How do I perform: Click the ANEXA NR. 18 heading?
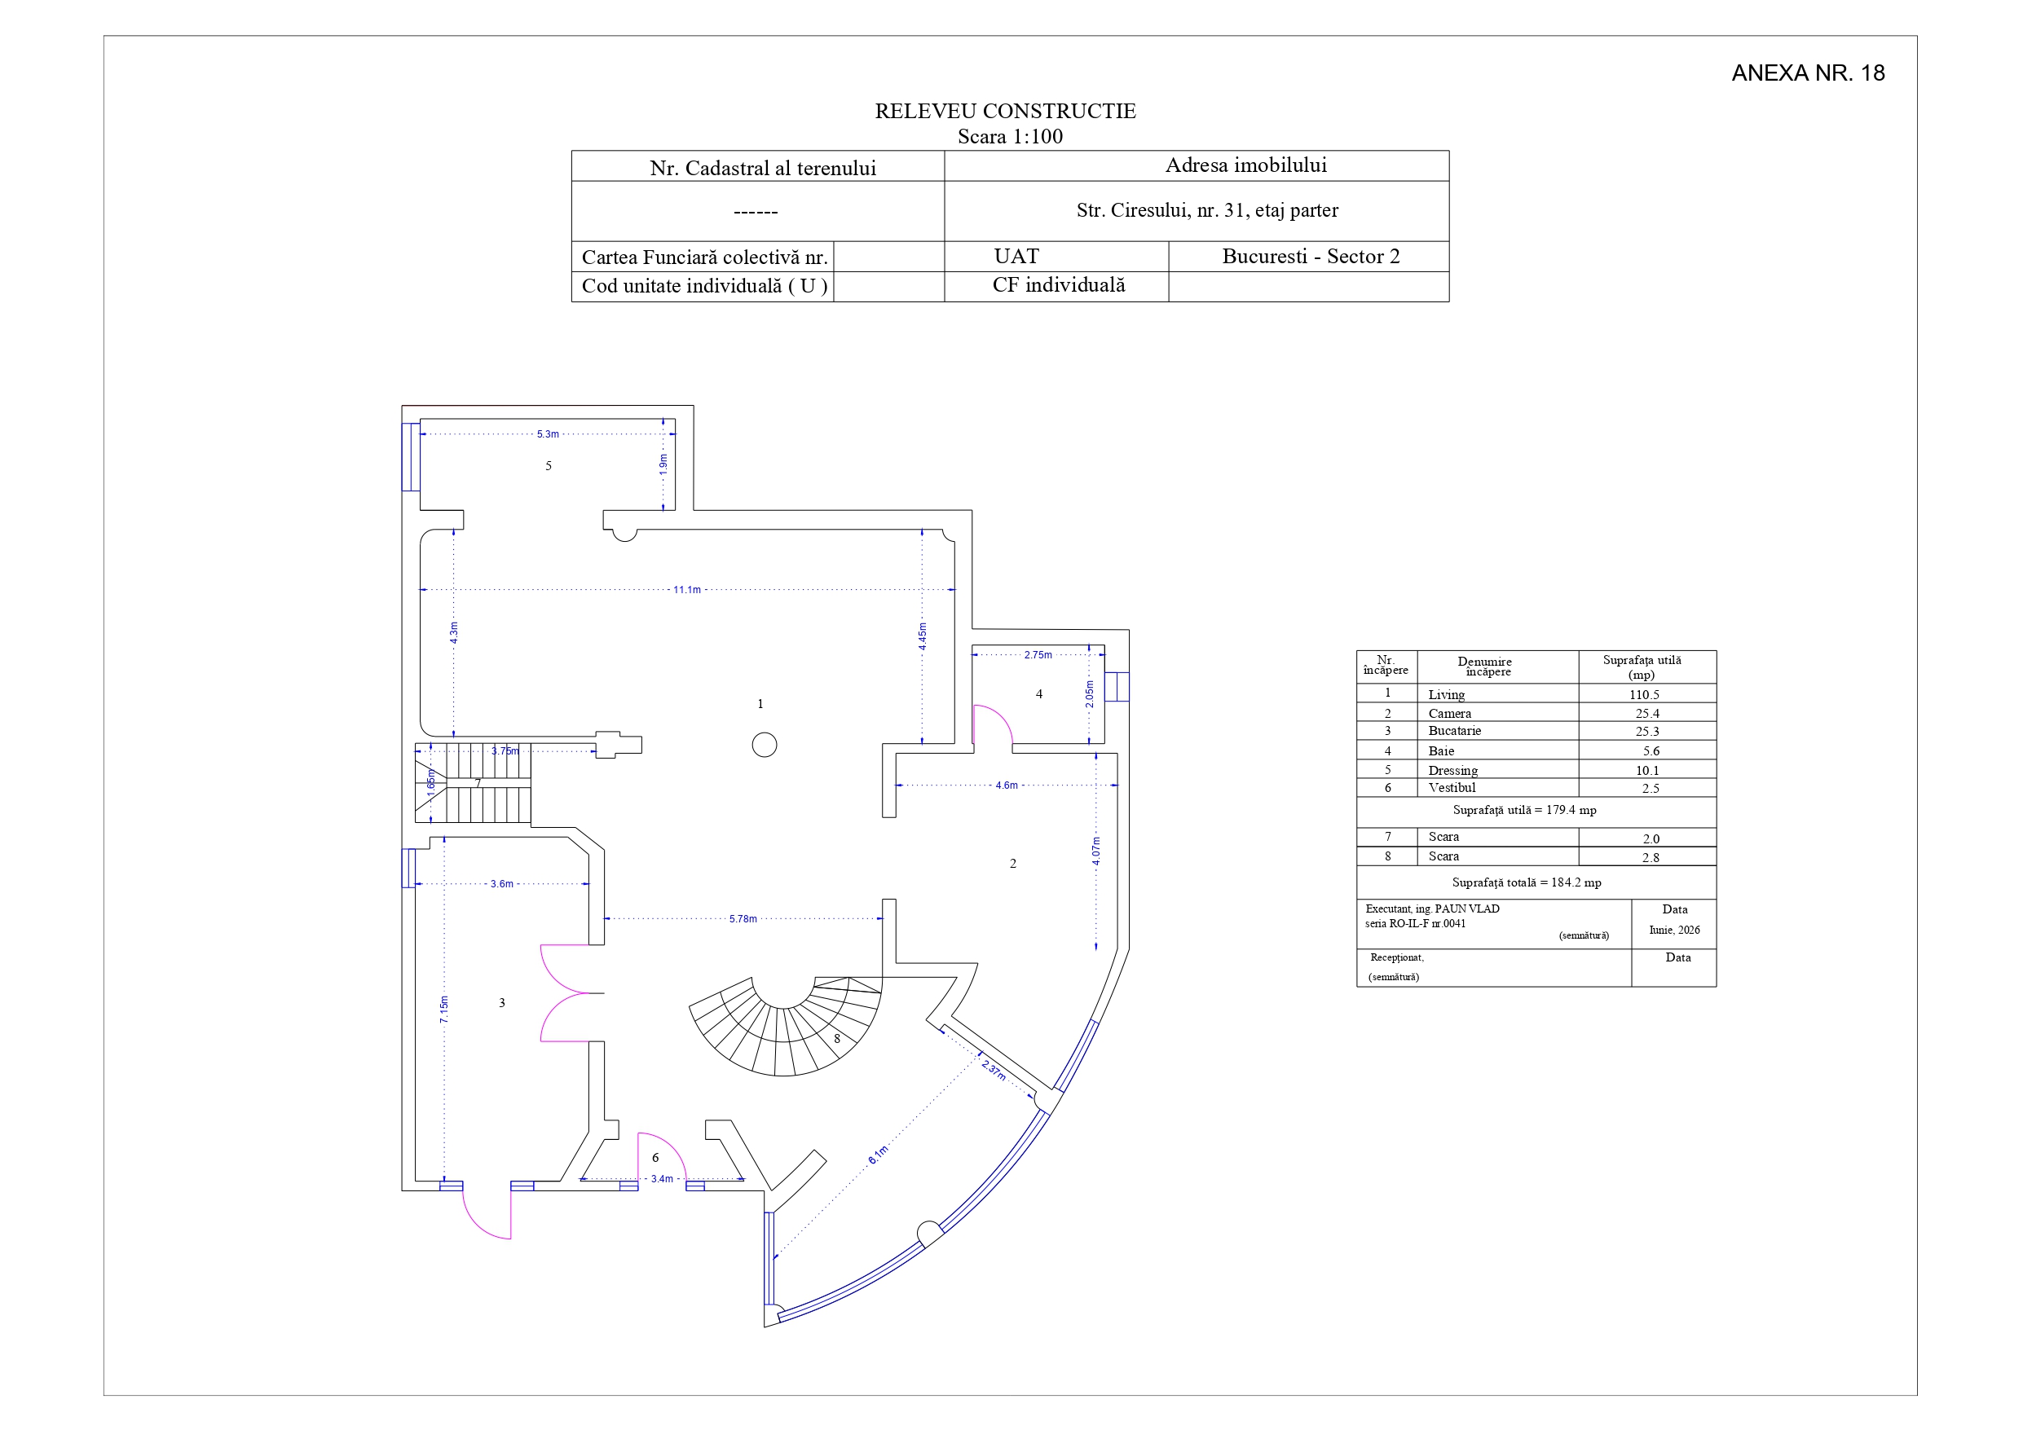click(x=1808, y=73)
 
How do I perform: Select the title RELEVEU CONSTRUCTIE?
click(x=1005, y=111)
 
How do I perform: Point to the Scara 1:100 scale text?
click(x=1010, y=137)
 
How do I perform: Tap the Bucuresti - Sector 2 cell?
click(x=1310, y=257)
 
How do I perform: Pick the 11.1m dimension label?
click(x=687, y=589)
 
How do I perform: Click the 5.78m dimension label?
click(x=743, y=919)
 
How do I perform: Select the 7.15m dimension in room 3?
click(x=444, y=1010)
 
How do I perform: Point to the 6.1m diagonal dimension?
click(x=879, y=1155)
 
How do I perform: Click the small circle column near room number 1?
click(x=765, y=745)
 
